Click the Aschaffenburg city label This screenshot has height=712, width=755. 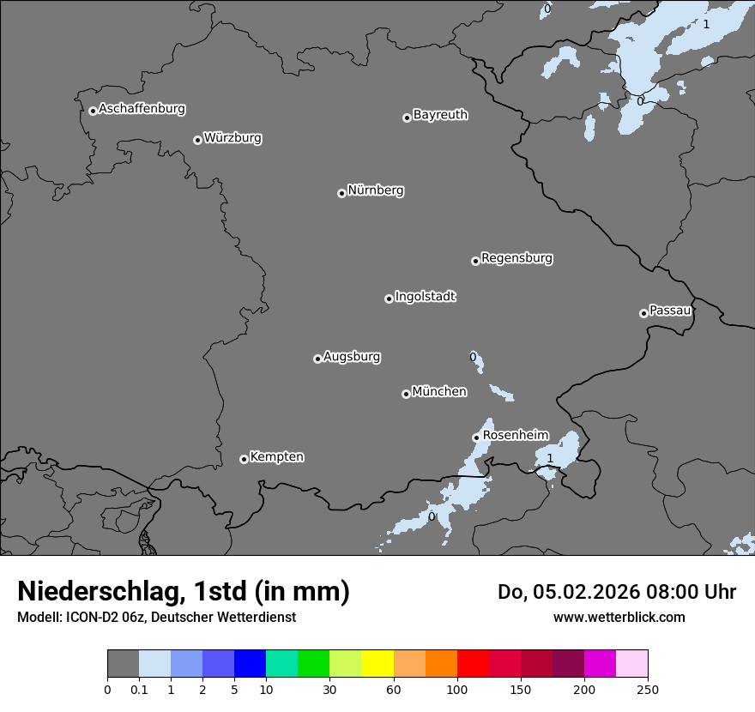(x=142, y=109)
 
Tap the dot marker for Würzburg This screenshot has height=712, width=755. (x=197, y=140)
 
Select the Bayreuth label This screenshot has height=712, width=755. (x=440, y=114)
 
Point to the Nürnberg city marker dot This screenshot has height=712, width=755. (x=341, y=193)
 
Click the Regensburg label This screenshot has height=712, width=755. (x=516, y=257)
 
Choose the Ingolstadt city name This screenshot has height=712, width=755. (x=425, y=297)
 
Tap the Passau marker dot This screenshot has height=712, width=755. (x=643, y=313)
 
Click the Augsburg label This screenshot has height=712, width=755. (x=352, y=357)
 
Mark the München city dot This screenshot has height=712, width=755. (x=406, y=394)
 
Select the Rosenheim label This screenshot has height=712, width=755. (x=516, y=435)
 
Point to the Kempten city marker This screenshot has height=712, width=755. (x=244, y=459)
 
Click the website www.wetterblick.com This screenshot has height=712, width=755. (x=619, y=617)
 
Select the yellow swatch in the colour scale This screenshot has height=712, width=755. (x=377, y=664)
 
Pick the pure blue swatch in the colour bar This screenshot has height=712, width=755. (x=250, y=664)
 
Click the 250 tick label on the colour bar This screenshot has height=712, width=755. (x=647, y=688)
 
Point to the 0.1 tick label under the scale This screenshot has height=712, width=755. (x=139, y=688)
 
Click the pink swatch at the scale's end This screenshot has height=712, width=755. (x=631, y=664)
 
